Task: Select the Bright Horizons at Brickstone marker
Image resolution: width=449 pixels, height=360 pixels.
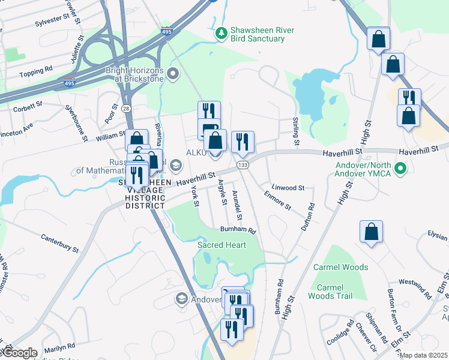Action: (x=173, y=74)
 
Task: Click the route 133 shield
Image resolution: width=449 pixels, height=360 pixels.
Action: (x=243, y=164)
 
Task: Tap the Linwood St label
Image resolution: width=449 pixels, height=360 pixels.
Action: (x=288, y=188)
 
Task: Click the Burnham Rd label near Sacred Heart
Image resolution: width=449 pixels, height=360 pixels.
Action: (x=238, y=230)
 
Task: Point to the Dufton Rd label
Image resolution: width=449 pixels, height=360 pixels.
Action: (x=310, y=213)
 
